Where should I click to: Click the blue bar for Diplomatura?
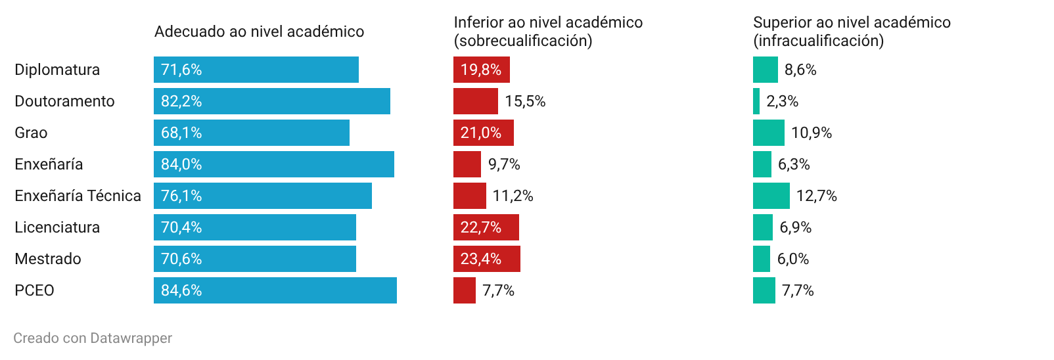[x=256, y=70]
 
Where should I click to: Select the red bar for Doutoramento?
[x=476, y=101]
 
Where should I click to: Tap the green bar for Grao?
[x=769, y=133]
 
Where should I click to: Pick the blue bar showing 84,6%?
[x=275, y=290]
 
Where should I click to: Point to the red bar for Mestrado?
[x=487, y=259]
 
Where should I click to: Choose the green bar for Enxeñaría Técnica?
[x=771, y=196]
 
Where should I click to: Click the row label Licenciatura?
[x=57, y=227]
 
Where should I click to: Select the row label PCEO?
[x=34, y=290]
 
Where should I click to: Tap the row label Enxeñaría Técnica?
[x=78, y=196]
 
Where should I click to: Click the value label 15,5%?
[x=525, y=101]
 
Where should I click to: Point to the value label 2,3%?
[x=783, y=101]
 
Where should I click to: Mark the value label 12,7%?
[x=816, y=196]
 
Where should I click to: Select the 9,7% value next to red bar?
[x=504, y=164]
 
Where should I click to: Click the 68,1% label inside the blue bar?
[x=181, y=133]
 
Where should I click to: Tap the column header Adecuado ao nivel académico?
[x=260, y=32]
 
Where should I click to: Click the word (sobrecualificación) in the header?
[x=523, y=41]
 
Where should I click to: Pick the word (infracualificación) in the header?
[x=819, y=41]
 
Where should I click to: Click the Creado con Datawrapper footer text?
[x=93, y=338]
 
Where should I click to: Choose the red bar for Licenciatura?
[x=486, y=227]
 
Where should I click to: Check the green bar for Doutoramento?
[x=756, y=101]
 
